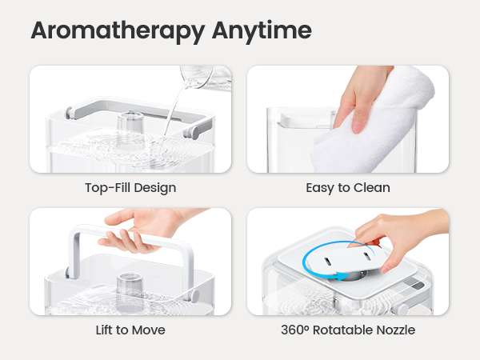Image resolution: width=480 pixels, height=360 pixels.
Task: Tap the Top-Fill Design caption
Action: (x=130, y=188)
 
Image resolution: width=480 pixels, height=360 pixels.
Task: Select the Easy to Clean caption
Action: (x=348, y=188)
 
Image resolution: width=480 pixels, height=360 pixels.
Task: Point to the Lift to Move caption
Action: (x=130, y=330)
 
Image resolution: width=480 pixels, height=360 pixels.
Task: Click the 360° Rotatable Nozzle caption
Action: (x=348, y=330)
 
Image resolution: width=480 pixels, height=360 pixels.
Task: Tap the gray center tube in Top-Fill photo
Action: (x=129, y=125)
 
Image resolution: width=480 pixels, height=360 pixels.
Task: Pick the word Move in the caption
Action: (x=154, y=330)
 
